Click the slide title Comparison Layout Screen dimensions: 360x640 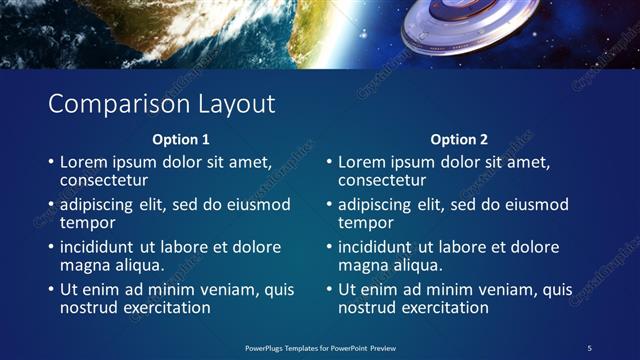click(x=161, y=104)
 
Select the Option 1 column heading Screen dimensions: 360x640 click(x=181, y=139)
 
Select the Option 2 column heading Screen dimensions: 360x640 click(x=459, y=139)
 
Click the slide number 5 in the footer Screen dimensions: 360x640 click(x=589, y=347)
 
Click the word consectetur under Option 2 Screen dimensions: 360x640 click(x=383, y=180)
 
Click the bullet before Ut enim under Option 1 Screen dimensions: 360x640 click(x=50, y=290)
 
